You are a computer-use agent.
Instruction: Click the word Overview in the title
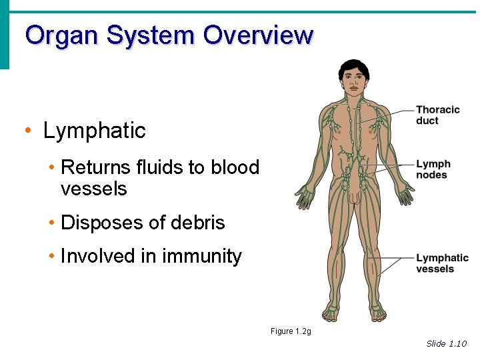pos(258,34)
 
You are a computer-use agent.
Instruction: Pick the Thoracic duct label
pos(437,115)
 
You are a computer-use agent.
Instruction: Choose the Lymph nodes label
pos(433,169)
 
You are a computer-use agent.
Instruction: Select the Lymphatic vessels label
pos(442,263)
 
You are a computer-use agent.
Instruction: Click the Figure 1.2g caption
pos(291,331)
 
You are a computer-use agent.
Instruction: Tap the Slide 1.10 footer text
pos(446,343)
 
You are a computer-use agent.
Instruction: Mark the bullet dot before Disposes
pos(53,223)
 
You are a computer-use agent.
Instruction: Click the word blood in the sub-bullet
pos(235,167)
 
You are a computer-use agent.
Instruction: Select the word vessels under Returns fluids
pos(93,189)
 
